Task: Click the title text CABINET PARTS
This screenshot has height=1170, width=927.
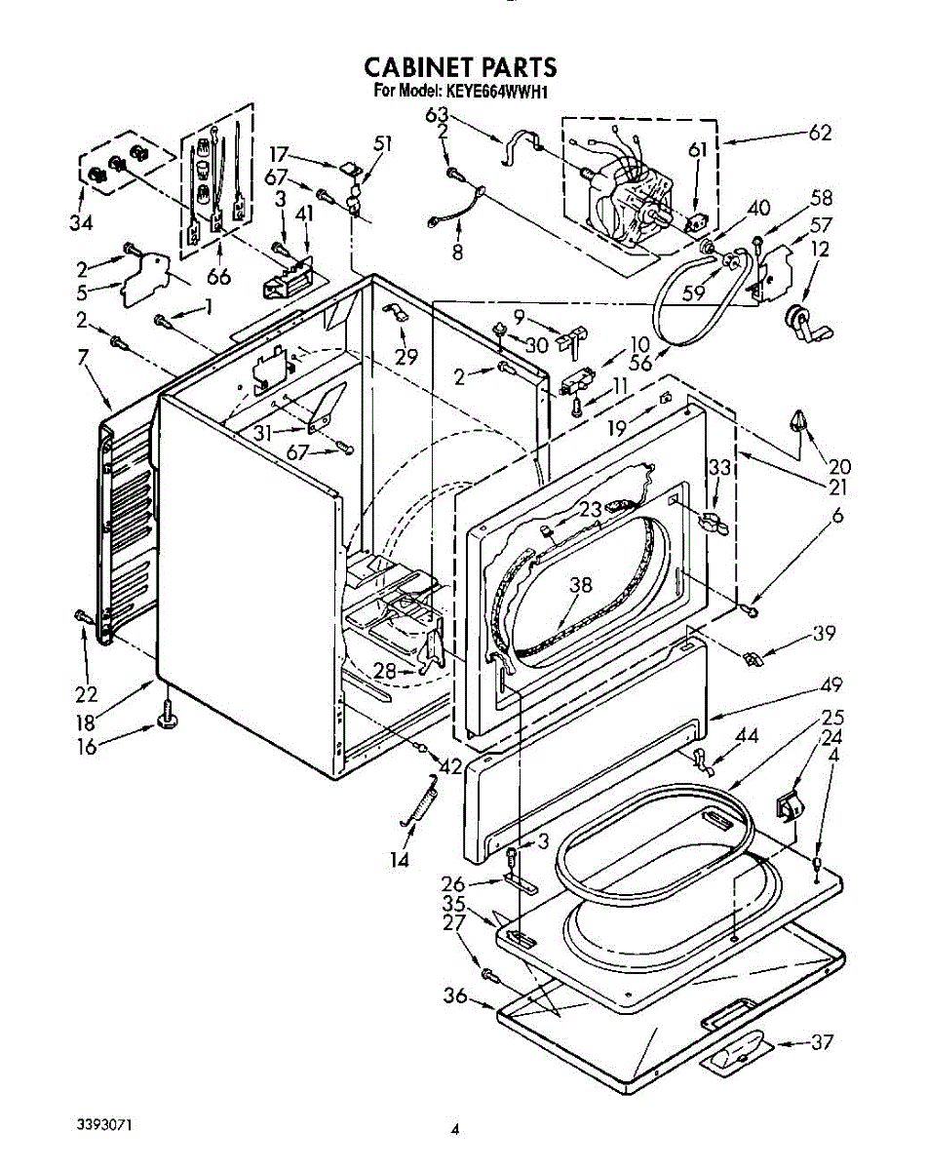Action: tap(460, 67)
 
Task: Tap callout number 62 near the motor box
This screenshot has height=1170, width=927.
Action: tap(819, 133)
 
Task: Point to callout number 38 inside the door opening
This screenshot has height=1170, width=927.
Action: tap(581, 584)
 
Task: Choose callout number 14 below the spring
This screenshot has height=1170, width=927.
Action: tap(400, 860)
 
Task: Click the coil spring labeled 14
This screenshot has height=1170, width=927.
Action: tap(419, 799)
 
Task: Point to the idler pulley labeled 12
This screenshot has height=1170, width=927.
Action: tap(809, 324)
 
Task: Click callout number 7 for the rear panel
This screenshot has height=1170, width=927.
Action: tap(83, 357)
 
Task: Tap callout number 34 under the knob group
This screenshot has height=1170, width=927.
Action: tap(81, 222)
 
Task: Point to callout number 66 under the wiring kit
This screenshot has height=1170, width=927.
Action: tap(218, 276)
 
